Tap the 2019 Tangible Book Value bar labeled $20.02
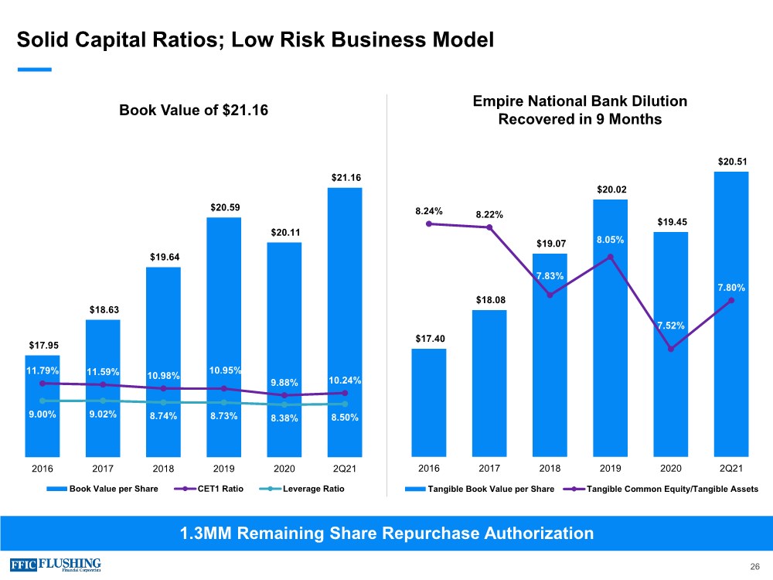coord(610,329)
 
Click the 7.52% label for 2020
coord(670,326)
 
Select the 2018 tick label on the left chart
coord(163,469)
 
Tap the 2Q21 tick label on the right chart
coord(730,469)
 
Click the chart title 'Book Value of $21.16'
coord(193,111)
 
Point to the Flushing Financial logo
coord(56,564)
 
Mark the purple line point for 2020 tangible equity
coord(671,349)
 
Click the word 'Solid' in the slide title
coord(44,39)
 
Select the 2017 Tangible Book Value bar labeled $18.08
coord(489,383)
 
